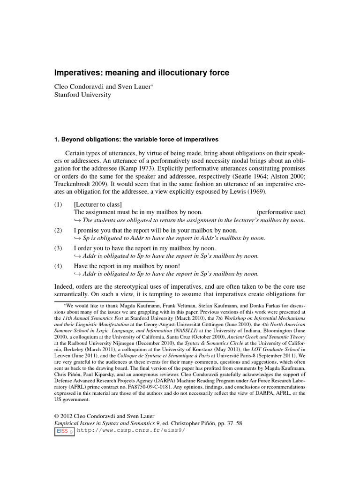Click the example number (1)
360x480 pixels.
pos(58,204)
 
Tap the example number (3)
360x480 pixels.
pos(58,247)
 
